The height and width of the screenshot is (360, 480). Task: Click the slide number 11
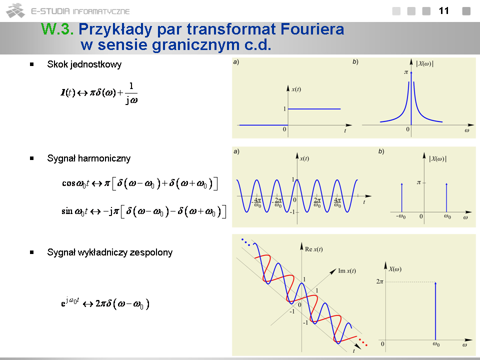(443, 11)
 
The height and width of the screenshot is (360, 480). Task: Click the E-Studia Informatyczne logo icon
(15, 10)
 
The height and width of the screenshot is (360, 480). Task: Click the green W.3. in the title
(57, 29)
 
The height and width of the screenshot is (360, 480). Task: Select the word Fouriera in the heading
(312, 29)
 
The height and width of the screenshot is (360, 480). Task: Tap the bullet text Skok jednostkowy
(84, 64)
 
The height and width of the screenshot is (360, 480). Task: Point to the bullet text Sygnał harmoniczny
(89, 158)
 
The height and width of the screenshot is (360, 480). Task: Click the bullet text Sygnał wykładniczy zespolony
(110, 252)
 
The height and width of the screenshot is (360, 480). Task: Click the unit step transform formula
(99, 93)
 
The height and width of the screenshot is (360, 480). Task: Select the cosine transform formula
(139, 183)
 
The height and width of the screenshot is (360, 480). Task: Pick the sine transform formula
(143, 211)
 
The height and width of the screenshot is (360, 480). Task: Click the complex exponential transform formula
(105, 303)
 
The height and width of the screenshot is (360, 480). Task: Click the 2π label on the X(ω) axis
(379, 281)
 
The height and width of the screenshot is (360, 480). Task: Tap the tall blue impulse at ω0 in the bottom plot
(435, 311)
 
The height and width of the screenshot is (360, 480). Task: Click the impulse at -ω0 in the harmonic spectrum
(401, 197)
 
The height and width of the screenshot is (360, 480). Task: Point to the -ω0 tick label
(400, 216)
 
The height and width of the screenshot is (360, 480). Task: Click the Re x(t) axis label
(314, 249)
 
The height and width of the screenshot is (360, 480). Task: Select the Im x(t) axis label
(347, 271)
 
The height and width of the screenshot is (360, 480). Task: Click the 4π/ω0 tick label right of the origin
(337, 202)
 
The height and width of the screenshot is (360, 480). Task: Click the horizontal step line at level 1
(314, 108)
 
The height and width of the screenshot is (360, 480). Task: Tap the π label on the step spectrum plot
(406, 72)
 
